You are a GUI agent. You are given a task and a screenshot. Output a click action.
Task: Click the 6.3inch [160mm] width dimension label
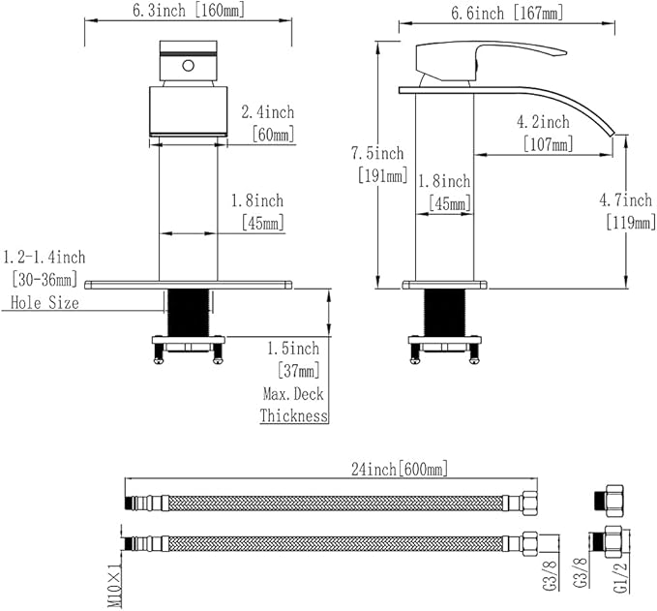point(189,10)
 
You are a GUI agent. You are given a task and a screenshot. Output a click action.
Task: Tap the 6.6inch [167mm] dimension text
point(507,13)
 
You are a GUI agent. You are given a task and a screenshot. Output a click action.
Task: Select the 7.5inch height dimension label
point(377,154)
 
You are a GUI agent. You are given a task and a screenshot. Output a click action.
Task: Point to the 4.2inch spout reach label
point(543,122)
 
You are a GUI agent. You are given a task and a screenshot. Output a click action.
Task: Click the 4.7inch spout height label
point(626,200)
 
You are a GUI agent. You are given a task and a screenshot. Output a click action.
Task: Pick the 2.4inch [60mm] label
point(268,123)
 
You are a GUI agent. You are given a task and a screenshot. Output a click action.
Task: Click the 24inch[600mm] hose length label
point(400,469)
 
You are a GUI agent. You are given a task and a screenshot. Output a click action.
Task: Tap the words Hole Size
point(45,302)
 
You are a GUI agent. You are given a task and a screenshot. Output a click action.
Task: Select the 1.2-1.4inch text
point(44,257)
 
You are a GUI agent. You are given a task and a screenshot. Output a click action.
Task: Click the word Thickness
point(294,415)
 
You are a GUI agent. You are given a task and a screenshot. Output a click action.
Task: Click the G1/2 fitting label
point(621,577)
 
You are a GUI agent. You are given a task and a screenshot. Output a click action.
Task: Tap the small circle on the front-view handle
point(188,66)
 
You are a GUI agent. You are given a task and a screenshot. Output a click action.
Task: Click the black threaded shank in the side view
point(444,313)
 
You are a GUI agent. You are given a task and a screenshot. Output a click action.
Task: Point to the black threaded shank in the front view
point(188,313)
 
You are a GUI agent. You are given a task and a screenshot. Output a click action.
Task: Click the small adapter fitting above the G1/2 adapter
point(609,501)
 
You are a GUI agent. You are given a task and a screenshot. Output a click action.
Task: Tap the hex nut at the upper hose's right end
point(529,503)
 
